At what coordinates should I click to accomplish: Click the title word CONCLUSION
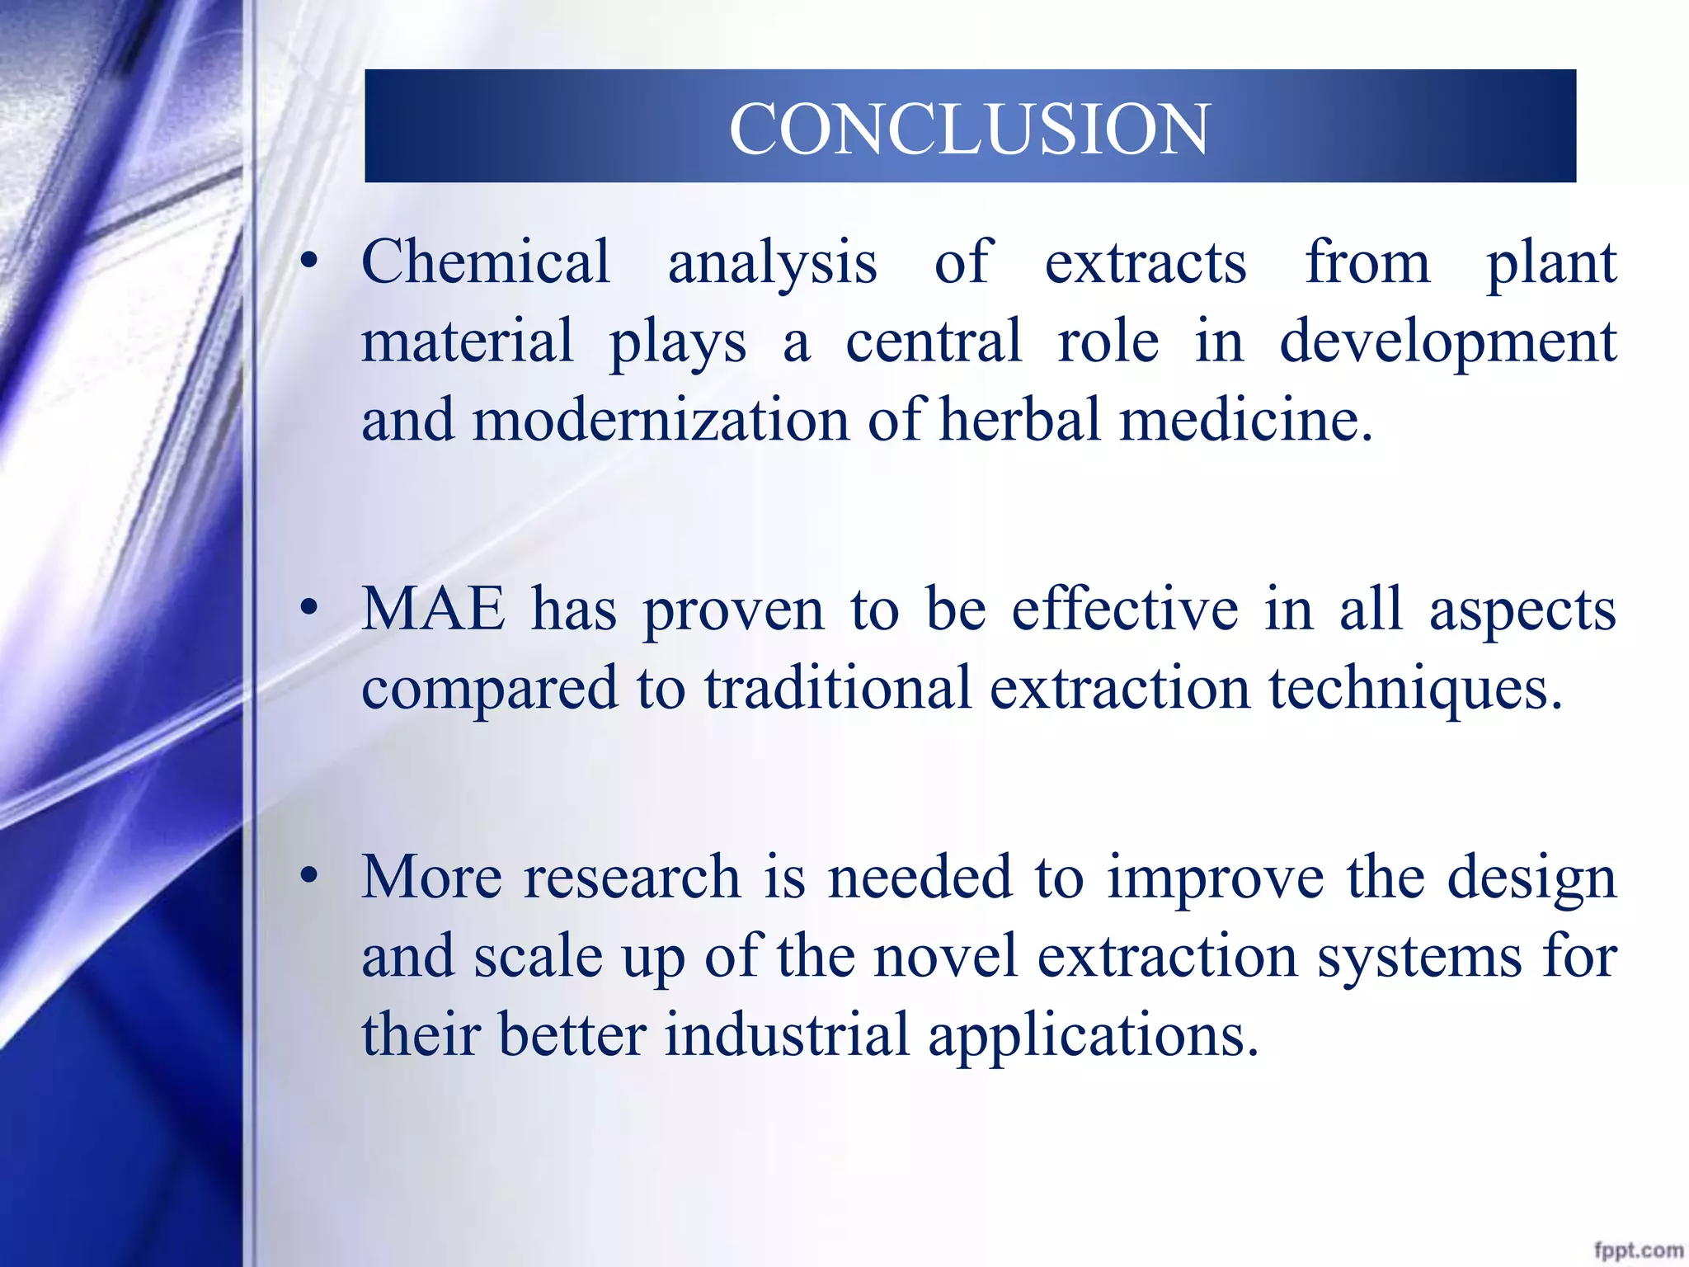tap(969, 130)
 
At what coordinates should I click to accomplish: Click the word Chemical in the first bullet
tap(486, 262)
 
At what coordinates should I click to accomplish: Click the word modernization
tap(661, 420)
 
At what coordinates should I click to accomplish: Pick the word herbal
tap(1020, 420)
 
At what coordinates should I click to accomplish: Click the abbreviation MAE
tap(434, 610)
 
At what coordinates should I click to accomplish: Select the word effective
tap(1125, 610)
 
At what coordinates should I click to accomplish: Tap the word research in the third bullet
tap(633, 876)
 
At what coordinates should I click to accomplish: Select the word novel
tap(945, 956)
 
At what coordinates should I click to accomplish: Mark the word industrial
tap(787, 1034)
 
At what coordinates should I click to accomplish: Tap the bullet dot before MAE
tap(309, 610)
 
